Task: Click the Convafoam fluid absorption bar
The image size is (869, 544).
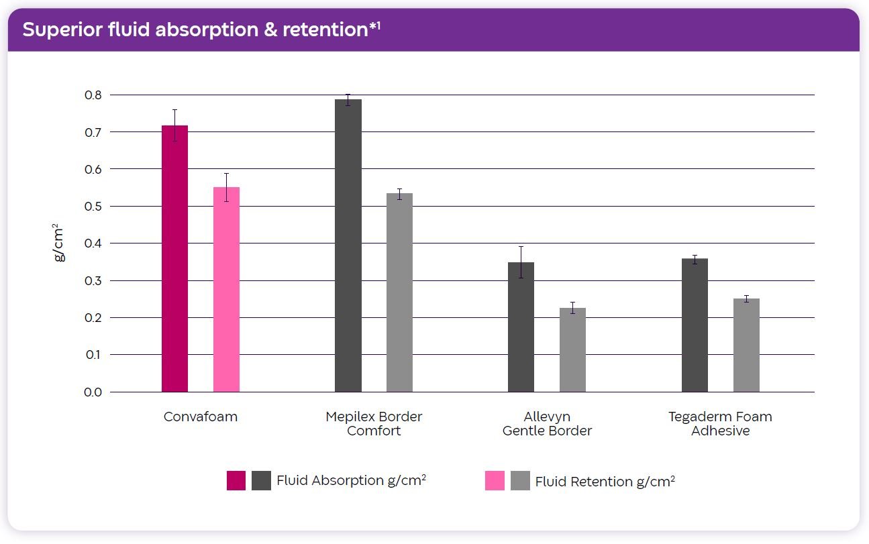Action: [x=174, y=258]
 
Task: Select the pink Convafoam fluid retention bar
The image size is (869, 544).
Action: [x=226, y=289]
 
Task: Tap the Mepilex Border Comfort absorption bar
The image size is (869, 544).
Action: [x=348, y=246]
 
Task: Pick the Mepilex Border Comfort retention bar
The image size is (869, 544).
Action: [x=399, y=292]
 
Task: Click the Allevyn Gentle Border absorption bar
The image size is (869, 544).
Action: [x=521, y=327]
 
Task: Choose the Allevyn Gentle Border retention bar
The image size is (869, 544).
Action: [x=572, y=349]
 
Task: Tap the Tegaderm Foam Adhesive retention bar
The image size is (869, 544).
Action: [x=746, y=345]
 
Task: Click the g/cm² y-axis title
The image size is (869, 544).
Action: [x=59, y=242]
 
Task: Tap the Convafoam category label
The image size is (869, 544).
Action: [x=200, y=417]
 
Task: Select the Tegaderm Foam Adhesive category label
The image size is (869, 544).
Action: [x=720, y=423]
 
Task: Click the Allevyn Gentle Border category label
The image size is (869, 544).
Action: [x=547, y=423]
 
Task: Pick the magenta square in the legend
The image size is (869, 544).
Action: [x=236, y=481]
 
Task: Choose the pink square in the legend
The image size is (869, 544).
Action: [x=495, y=481]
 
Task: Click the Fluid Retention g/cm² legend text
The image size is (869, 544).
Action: [x=605, y=481]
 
